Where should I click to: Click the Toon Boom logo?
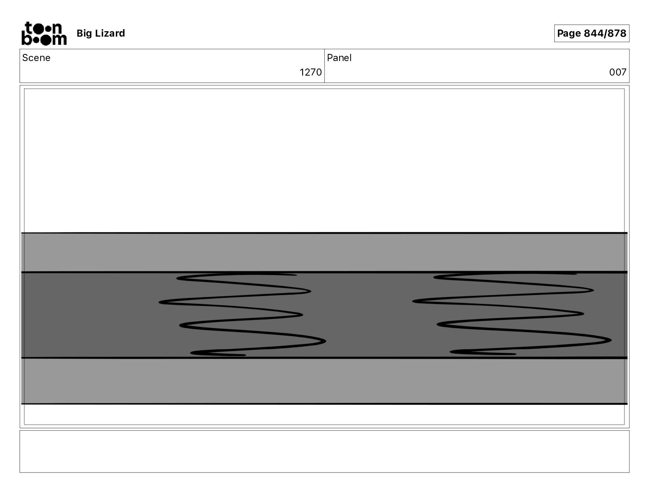(x=44, y=33)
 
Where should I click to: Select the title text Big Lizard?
(x=101, y=33)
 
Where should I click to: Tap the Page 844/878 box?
(x=591, y=33)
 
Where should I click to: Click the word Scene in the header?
(x=36, y=58)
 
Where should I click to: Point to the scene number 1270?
(x=310, y=72)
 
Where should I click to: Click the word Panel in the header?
(x=339, y=58)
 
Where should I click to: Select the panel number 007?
(x=618, y=72)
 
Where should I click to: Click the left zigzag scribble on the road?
(x=242, y=314)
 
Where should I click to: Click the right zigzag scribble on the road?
(x=512, y=313)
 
